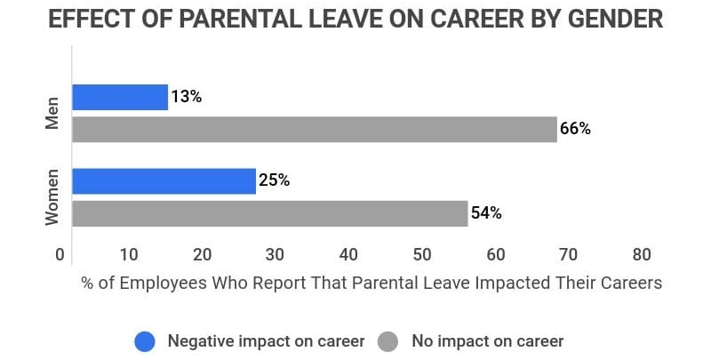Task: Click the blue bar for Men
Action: [x=120, y=97]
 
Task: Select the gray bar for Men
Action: [x=314, y=129]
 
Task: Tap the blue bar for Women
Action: [x=164, y=181]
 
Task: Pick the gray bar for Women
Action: [x=269, y=213]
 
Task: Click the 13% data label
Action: [x=186, y=97]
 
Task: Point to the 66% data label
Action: [x=575, y=129]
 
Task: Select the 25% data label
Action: [x=274, y=181]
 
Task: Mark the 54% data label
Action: [x=486, y=213]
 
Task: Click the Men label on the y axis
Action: [x=52, y=113]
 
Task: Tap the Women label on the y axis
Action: [x=52, y=196]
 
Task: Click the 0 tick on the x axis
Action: [x=60, y=255]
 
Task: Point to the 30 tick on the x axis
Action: [x=276, y=255]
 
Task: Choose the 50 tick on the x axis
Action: [x=422, y=255]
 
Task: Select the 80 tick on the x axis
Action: [x=641, y=255]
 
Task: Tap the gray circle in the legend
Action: [x=388, y=340]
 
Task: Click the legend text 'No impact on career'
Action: [x=487, y=340]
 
